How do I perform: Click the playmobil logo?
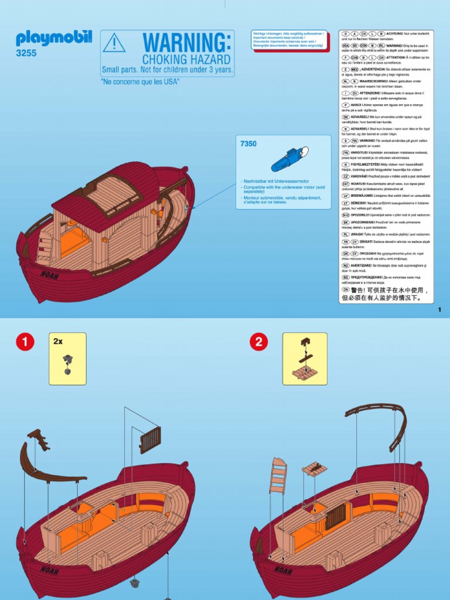[x=54, y=39]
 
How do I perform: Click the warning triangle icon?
[x=114, y=43]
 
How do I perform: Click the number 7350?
[x=248, y=143]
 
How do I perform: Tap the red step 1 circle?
[x=25, y=342]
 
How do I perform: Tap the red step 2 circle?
[x=259, y=342]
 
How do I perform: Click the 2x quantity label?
[x=58, y=341]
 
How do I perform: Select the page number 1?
[x=439, y=311]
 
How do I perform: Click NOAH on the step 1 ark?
[x=50, y=569]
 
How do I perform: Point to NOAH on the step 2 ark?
[x=284, y=569]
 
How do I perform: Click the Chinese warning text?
[x=386, y=294]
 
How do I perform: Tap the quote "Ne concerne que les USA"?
[x=140, y=82]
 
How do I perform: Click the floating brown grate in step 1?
[x=151, y=439]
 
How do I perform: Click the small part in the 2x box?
[x=67, y=364]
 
